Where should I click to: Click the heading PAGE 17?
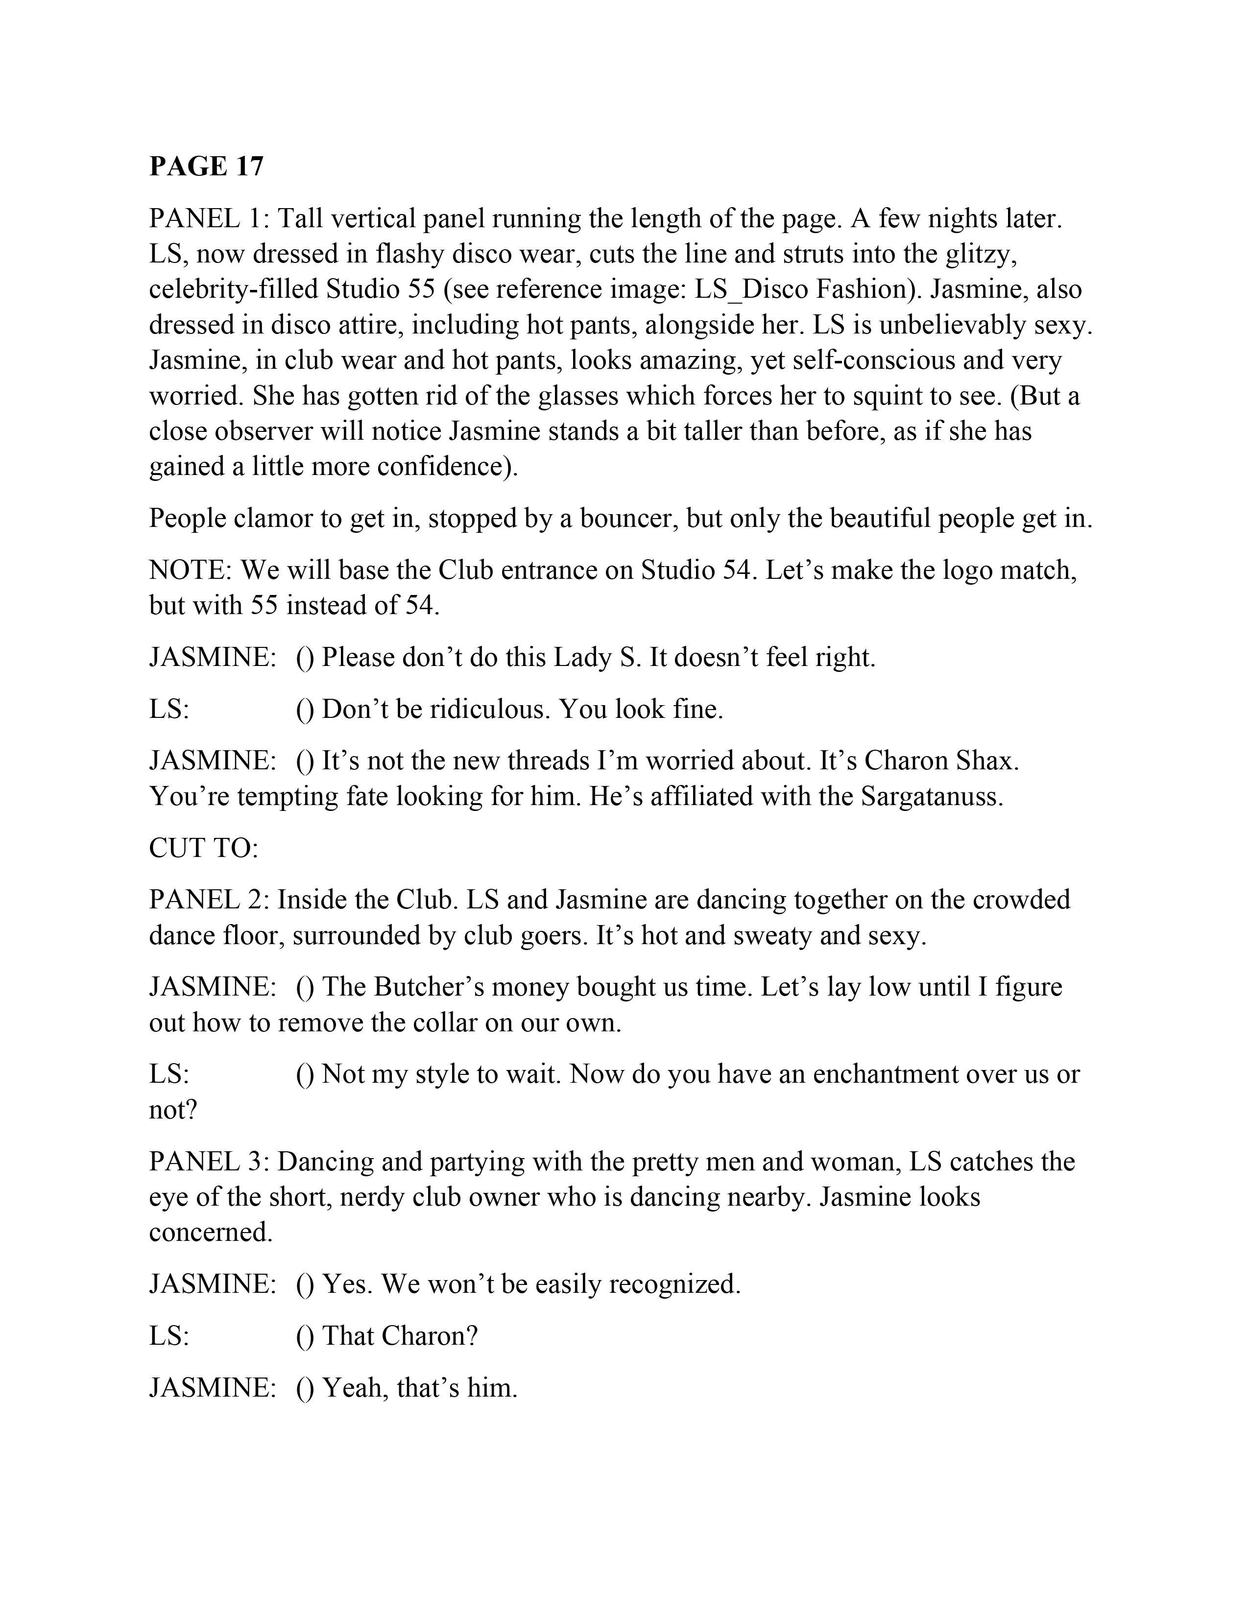pyautogui.click(x=206, y=166)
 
